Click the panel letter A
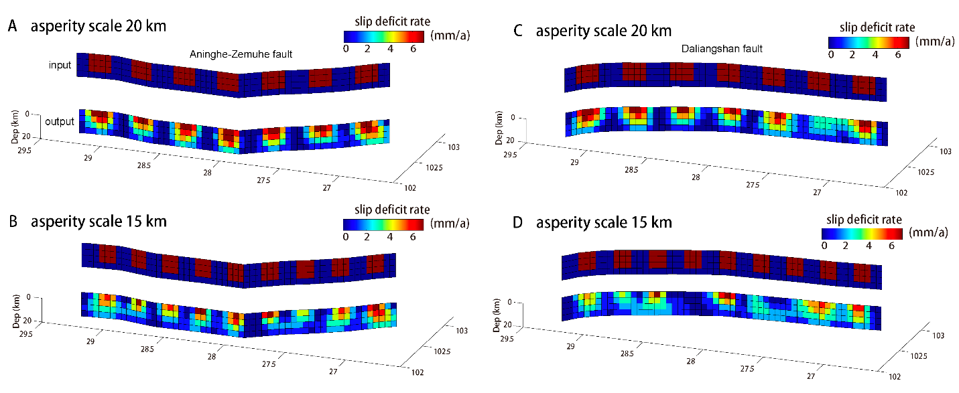12,27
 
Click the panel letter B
12,222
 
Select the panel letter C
517,31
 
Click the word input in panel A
60,65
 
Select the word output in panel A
60,122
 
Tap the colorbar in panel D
864,233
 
